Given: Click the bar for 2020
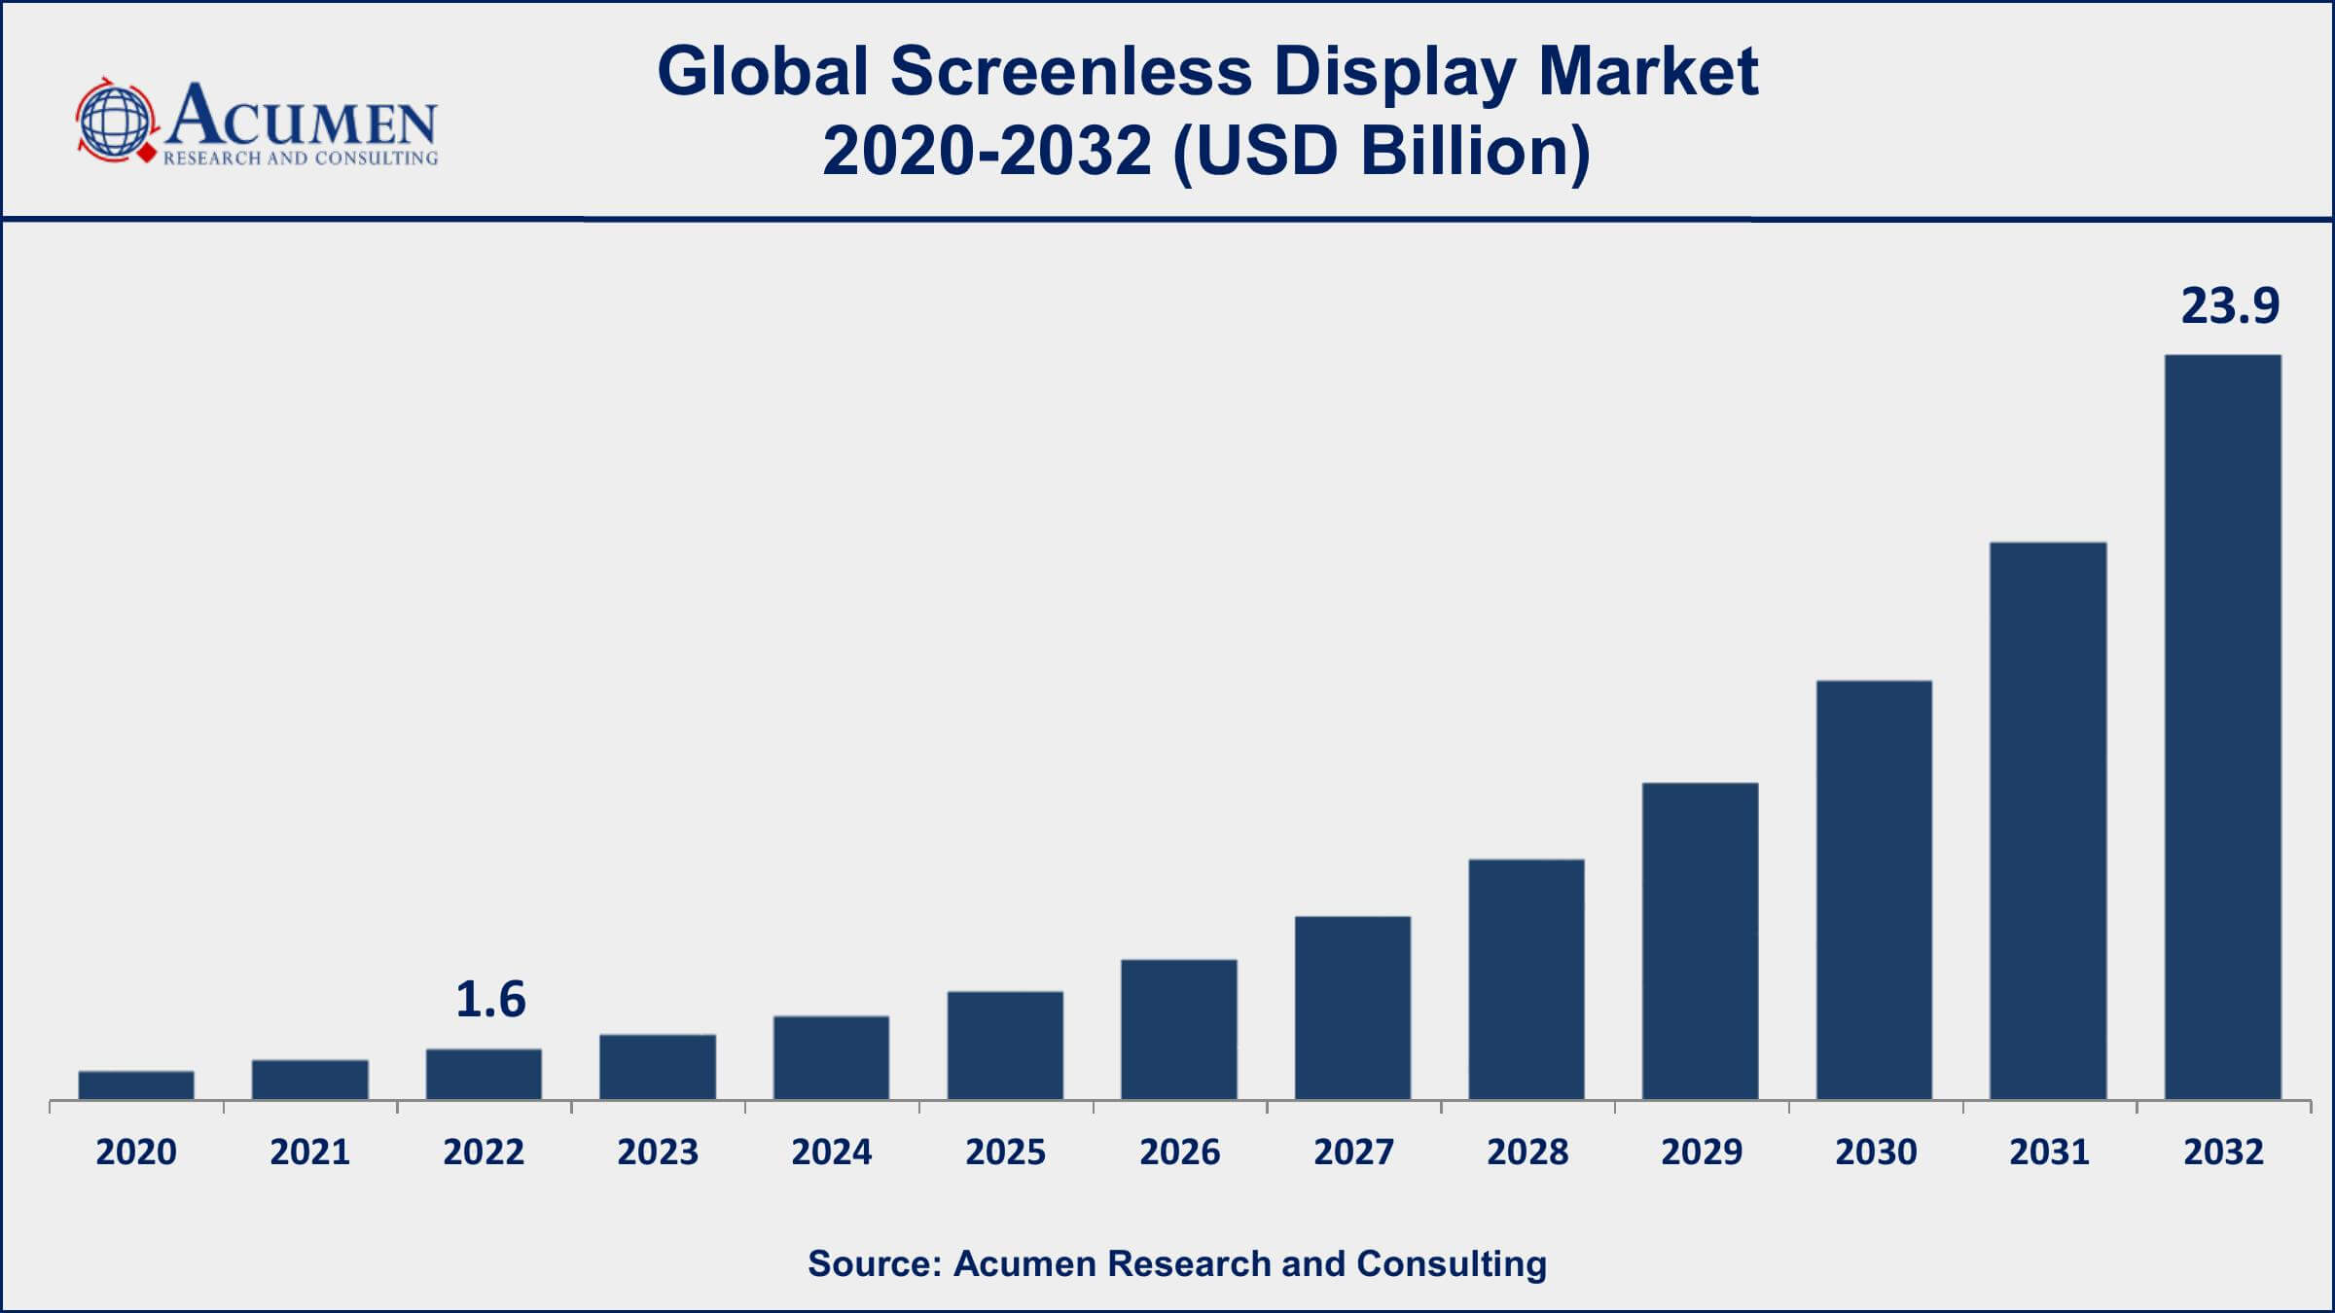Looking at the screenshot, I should [136, 1085].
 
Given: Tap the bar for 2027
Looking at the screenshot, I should [1352, 1008].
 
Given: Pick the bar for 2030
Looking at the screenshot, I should [1874, 890].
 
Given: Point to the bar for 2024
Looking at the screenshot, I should [831, 1058].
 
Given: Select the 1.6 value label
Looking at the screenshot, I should [490, 1000].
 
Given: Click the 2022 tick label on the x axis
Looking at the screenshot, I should [484, 1153].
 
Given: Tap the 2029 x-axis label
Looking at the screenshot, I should [1702, 1153].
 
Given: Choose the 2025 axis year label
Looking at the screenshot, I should [1005, 1153].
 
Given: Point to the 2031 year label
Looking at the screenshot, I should [2049, 1153].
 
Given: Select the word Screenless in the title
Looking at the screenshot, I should [1070, 71].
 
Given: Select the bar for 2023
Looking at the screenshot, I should [658, 1067].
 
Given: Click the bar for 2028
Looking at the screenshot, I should [1527, 979].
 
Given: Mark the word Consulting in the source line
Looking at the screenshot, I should [1451, 1263].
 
